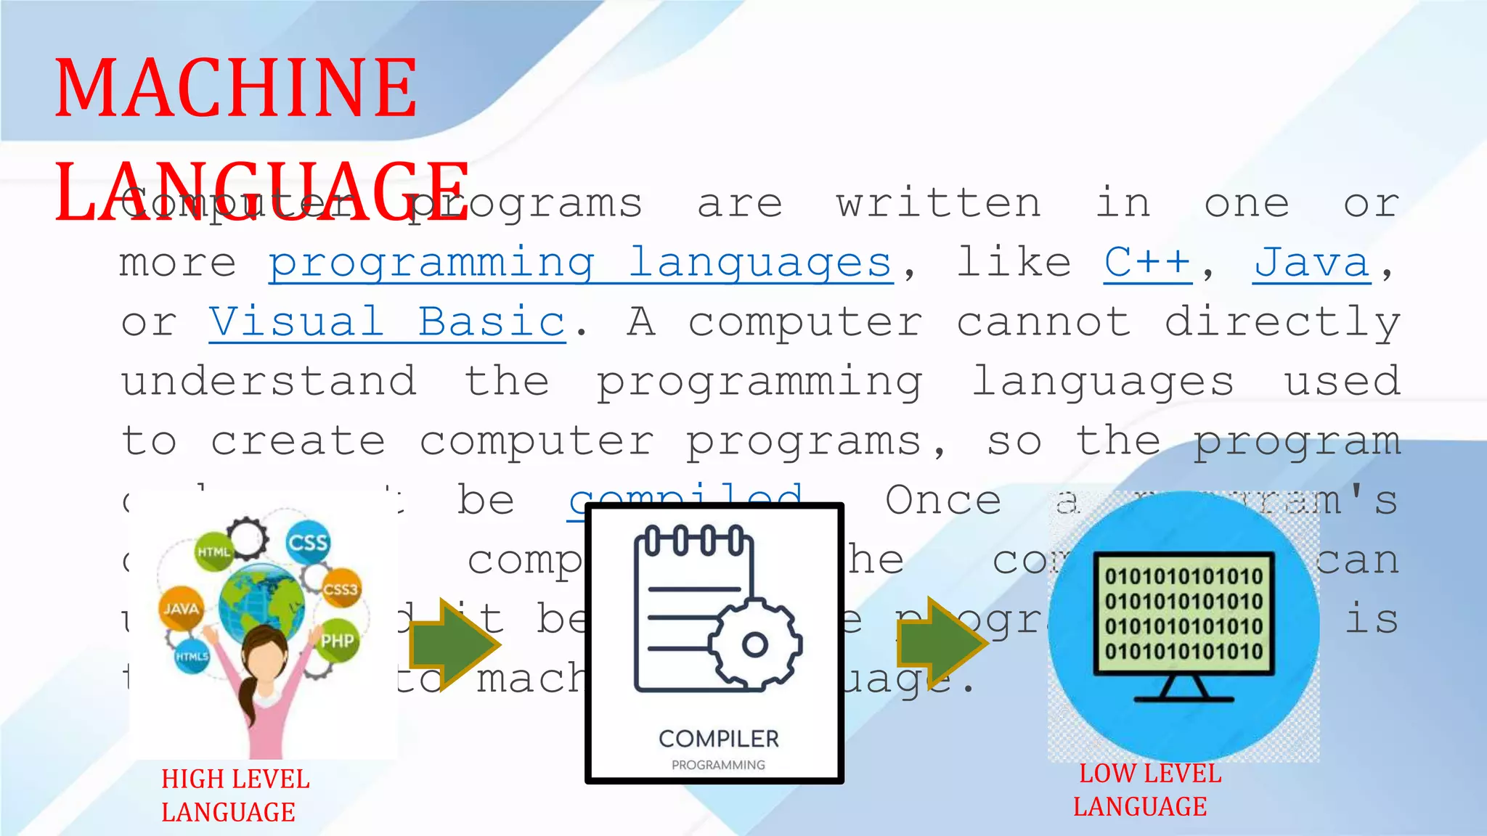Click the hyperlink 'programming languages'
pos(580,262)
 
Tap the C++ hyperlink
pos(1147,262)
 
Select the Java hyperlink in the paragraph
pos(1311,262)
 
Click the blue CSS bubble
pos(307,542)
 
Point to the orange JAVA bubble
pos(180,608)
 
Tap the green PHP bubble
pos(337,641)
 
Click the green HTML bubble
pos(213,552)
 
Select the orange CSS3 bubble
pos(341,589)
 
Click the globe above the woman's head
pos(261,602)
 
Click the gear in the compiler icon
pos(754,644)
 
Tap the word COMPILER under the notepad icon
pos(718,739)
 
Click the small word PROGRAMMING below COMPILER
pos(718,765)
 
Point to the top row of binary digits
pos(1184,577)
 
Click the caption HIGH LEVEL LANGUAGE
pos(235,795)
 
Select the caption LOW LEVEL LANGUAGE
pos(1147,790)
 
